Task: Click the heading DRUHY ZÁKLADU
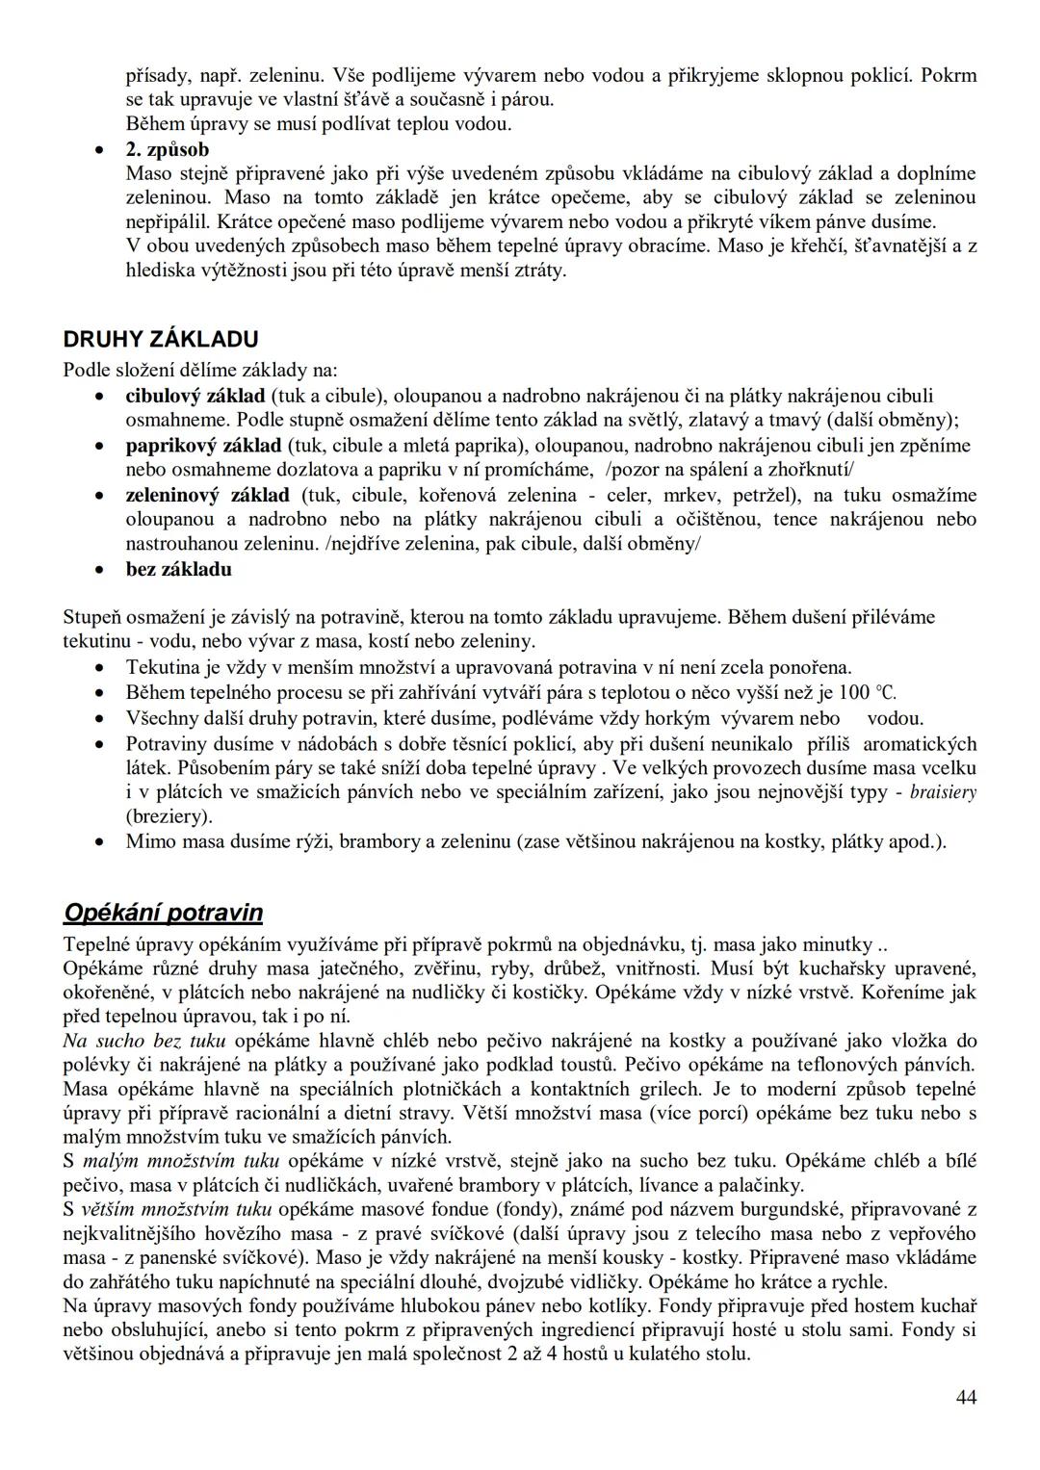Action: tap(160, 339)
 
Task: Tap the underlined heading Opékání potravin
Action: tap(163, 913)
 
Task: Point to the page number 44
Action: tap(966, 1397)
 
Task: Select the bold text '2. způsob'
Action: tap(168, 149)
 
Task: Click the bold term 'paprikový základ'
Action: tap(203, 446)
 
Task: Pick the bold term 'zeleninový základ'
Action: tap(207, 495)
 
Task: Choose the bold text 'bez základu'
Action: tap(179, 569)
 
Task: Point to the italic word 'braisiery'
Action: tap(943, 792)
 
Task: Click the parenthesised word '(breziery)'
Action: tap(169, 816)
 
